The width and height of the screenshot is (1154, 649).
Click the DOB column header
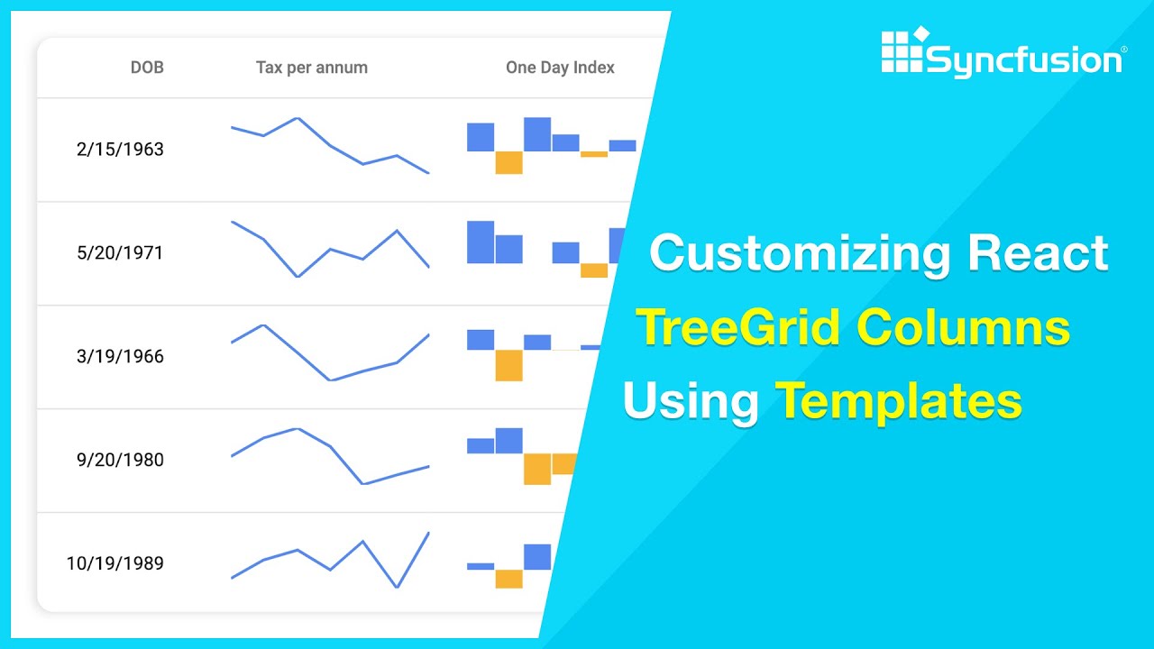(147, 68)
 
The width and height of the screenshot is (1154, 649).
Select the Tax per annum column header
(311, 68)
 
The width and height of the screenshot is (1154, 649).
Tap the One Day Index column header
(560, 68)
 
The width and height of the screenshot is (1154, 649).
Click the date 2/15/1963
(120, 150)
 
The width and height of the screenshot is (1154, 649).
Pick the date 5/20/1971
(120, 253)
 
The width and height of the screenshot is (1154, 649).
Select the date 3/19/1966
(120, 357)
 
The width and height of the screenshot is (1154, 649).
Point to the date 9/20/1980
(120, 461)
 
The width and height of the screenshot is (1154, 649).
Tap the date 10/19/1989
(114, 564)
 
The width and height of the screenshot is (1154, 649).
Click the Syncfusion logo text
(1023, 60)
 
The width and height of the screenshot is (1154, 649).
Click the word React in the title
(1038, 253)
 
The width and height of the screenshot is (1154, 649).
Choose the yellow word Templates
(899, 401)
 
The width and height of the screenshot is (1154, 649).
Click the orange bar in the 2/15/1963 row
(508, 162)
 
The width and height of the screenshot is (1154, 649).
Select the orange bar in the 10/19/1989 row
(508, 579)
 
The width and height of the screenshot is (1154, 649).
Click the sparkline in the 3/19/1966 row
(330, 353)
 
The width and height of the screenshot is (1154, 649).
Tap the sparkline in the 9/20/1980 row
(330, 456)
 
